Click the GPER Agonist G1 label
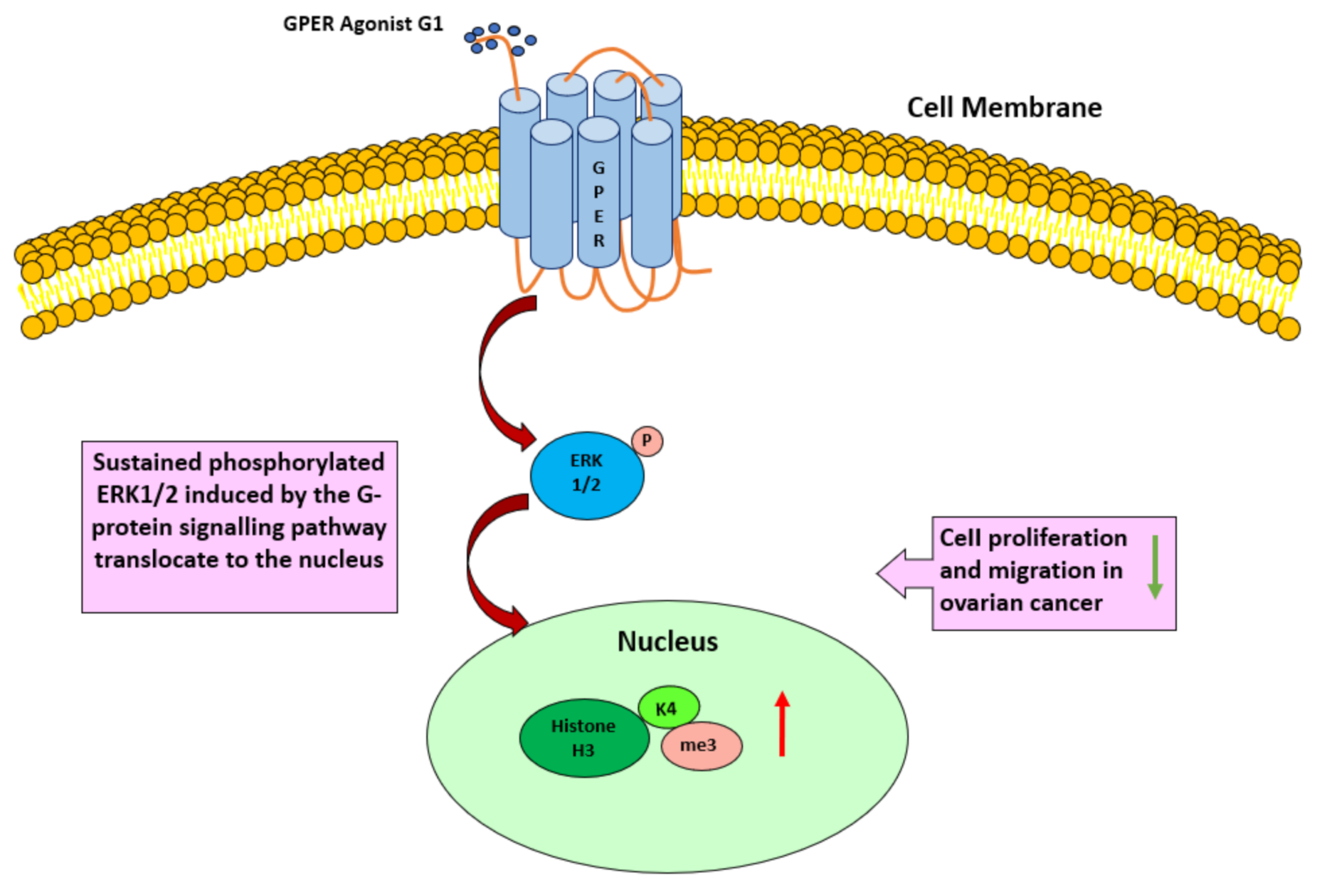click(x=363, y=24)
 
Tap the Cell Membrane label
click(x=1004, y=108)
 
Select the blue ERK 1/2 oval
click(x=586, y=475)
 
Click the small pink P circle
click(x=646, y=441)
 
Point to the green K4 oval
click(x=668, y=707)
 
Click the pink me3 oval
click(x=701, y=746)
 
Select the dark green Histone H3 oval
click(x=584, y=737)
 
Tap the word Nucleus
click(x=667, y=641)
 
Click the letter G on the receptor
click(x=598, y=168)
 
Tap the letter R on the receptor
click(x=598, y=241)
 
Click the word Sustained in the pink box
click(x=147, y=462)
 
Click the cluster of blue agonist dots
click(x=500, y=39)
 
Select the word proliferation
click(x=1057, y=538)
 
